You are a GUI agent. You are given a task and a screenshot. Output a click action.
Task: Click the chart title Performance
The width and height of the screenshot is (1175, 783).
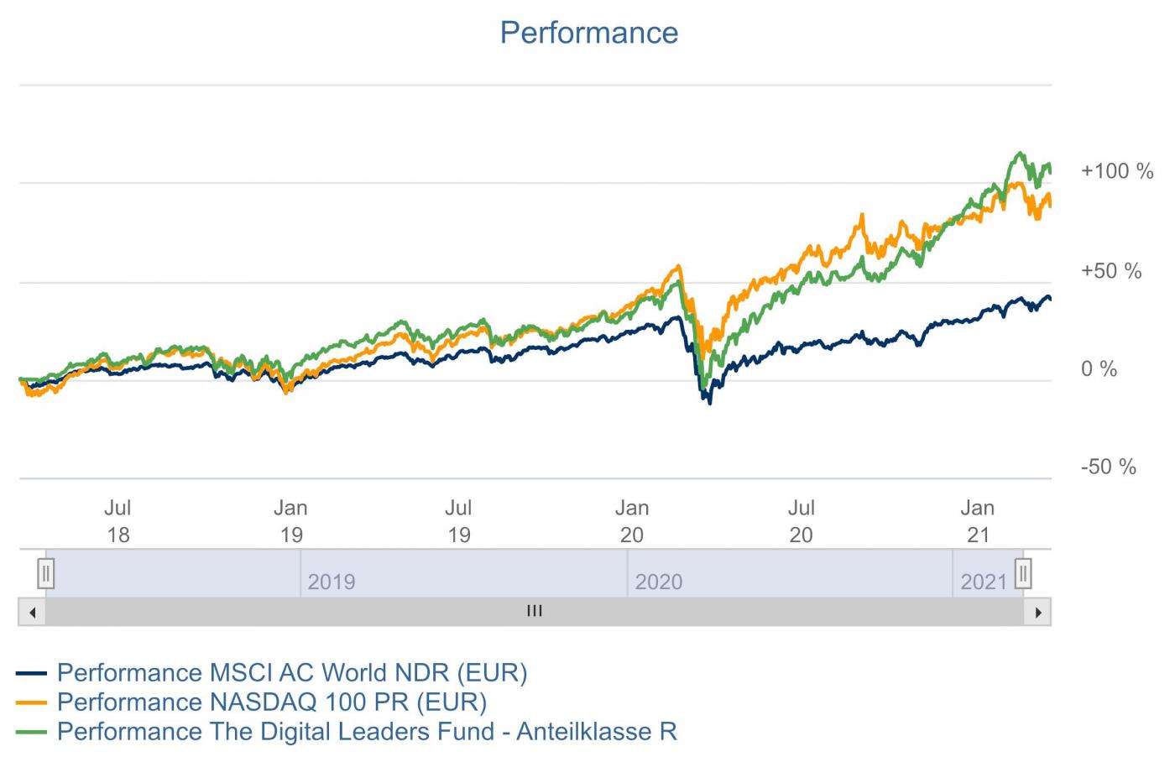(x=588, y=33)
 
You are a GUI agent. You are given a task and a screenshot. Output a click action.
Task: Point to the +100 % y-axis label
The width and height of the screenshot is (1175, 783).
(x=1116, y=171)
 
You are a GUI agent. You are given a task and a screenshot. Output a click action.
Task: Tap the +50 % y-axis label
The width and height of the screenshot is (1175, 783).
(x=1110, y=271)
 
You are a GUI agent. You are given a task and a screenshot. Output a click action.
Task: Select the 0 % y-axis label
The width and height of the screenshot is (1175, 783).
(x=1099, y=369)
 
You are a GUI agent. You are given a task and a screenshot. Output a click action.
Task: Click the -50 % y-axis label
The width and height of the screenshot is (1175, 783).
(x=1108, y=467)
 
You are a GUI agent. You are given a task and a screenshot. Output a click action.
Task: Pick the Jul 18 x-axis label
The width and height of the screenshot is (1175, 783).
(x=117, y=521)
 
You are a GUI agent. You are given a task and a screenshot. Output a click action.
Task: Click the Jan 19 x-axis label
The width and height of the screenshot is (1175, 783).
(x=290, y=521)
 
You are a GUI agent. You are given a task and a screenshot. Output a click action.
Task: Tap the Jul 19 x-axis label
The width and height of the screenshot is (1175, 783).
(x=458, y=521)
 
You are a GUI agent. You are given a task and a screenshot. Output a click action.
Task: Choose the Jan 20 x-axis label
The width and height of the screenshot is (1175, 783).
(x=631, y=521)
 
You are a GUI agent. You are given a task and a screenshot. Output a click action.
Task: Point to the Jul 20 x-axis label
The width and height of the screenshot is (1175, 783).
(x=801, y=521)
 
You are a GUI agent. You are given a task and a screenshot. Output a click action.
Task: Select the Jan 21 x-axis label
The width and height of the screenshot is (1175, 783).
(x=977, y=521)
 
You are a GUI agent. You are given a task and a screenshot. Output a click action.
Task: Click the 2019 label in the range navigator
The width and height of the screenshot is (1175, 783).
(x=332, y=582)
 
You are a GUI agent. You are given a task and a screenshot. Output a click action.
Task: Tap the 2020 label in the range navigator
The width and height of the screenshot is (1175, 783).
(x=659, y=582)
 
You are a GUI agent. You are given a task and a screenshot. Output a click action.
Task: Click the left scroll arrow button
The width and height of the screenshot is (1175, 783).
(x=32, y=612)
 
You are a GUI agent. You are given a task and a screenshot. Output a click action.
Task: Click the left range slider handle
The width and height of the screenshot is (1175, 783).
(x=46, y=574)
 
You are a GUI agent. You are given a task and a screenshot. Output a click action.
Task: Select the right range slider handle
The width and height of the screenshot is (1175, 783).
(x=1022, y=574)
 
